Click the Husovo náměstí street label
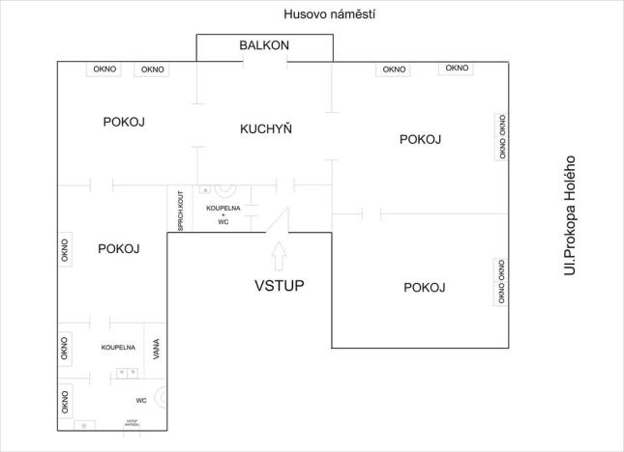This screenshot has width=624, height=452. click(x=329, y=14)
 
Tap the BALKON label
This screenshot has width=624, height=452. click(x=264, y=45)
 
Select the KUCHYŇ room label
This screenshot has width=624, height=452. click(x=266, y=128)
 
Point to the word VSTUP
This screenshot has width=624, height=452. click(x=280, y=285)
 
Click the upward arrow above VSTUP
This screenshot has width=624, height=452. click(x=280, y=254)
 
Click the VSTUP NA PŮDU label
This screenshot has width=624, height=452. click(x=133, y=423)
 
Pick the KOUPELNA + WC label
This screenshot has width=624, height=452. click(x=223, y=214)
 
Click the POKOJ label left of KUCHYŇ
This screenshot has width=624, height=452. click(x=124, y=122)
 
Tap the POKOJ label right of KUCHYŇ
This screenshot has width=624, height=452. click(x=420, y=139)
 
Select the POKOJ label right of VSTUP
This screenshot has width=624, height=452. click(x=424, y=287)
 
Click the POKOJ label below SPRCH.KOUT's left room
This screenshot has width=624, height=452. click(x=119, y=248)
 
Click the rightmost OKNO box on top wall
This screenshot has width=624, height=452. click(x=457, y=69)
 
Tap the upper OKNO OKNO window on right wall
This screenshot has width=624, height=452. click(x=501, y=136)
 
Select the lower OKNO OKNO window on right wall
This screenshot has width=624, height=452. click(x=501, y=282)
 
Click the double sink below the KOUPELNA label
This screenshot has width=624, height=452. click(x=125, y=372)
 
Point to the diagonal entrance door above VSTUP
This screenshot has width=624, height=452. click(x=281, y=220)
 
